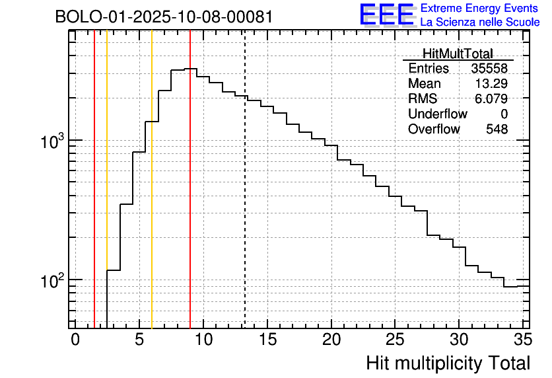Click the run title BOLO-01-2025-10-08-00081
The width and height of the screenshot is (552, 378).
[x=164, y=17]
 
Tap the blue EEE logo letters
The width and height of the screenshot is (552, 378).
[x=387, y=15]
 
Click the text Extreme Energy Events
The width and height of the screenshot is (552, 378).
[x=480, y=9]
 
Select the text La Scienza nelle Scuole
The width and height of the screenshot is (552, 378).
[x=480, y=22]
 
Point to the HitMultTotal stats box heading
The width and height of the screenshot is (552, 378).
[x=458, y=54]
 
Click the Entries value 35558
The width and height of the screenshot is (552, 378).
[x=489, y=69]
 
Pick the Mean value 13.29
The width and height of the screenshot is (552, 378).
[x=491, y=84]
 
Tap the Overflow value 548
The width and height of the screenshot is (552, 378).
[x=497, y=130]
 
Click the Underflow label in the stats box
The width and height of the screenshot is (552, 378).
[x=437, y=114]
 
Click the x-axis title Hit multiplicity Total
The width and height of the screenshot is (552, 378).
[x=448, y=363]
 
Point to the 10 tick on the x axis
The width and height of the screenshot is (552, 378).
[x=203, y=340]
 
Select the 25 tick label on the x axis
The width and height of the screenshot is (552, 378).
[x=395, y=340]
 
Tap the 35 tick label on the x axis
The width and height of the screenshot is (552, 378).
[x=522, y=340]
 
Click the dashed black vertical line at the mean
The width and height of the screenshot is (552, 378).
[x=245, y=198]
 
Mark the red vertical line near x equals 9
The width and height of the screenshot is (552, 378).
[x=190, y=198]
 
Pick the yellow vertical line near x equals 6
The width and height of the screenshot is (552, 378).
[x=152, y=198]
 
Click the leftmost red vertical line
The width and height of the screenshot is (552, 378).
[x=94, y=198]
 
